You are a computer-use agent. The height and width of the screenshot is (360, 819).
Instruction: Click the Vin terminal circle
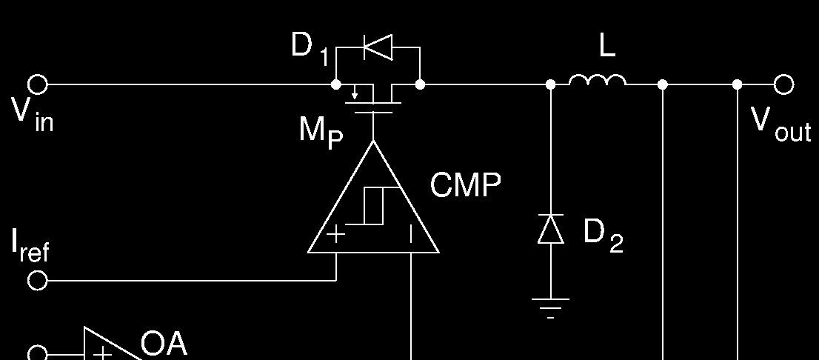click(38, 85)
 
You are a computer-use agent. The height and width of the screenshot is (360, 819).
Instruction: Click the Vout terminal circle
click(784, 85)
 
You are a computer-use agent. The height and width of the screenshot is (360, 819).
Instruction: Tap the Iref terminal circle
click(37, 281)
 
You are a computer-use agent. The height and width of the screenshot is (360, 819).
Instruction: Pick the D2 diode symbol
click(551, 229)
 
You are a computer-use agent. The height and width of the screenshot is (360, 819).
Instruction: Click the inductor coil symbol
click(598, 81)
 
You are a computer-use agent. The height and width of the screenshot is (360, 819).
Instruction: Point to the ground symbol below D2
click(551, 306)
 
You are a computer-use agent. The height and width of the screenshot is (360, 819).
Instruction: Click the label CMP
click(465, 185)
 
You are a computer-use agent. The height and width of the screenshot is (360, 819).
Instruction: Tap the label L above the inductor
click(606, 47)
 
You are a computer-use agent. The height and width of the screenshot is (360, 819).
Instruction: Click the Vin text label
click(32, 116)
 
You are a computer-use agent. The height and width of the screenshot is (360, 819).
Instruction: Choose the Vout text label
click(780, 123)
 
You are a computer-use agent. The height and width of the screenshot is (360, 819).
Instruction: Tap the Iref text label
click(30, 246)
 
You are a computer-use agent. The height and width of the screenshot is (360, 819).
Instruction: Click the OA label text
click(164, 344)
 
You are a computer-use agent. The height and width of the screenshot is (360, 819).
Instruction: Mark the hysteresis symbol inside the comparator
click(373, 205)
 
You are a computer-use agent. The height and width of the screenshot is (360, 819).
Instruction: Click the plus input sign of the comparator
click(336, 235)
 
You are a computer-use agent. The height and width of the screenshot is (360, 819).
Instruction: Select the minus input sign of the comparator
click(411, 235)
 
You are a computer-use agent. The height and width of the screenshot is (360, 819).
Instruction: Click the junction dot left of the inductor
click(550, 85)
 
